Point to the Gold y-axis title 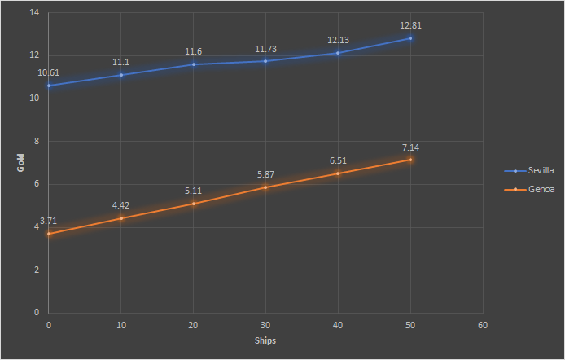22,163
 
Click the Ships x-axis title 265,340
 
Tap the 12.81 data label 410,25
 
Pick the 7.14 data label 410,147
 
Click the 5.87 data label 266,174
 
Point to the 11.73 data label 266,49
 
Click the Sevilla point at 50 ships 410,38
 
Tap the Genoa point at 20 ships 194,203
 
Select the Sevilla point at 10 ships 121,75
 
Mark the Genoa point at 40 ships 338,173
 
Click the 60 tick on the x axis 483,324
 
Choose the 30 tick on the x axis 265,324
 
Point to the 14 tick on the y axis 35,13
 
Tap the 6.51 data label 338,160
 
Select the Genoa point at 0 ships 49,234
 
